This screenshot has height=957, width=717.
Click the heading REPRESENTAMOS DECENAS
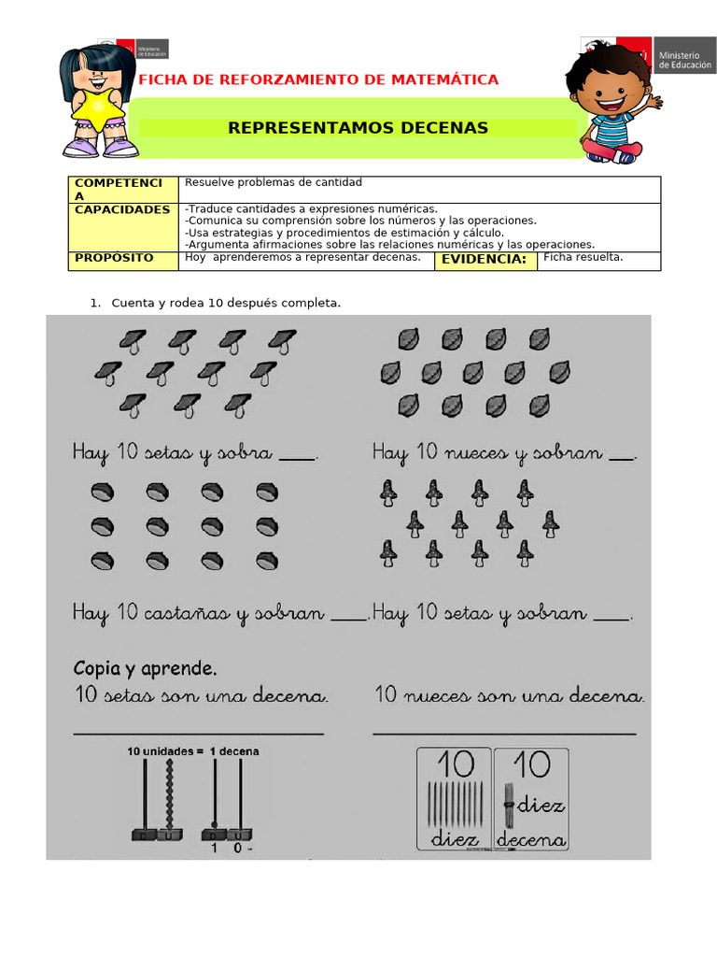[358, 128]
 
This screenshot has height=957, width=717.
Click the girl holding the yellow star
[97, 100]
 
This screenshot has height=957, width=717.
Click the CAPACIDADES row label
[122, 210]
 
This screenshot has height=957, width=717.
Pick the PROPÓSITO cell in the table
[114, 258]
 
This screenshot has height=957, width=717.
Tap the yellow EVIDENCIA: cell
[484, 260]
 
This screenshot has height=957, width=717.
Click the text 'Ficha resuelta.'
[583, 257]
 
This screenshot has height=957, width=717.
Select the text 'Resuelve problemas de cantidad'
[274, 182]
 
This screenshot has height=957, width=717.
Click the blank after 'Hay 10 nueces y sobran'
[621, 456]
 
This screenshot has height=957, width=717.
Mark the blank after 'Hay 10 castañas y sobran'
[349, 616]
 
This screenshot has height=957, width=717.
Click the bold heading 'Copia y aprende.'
[145, 668]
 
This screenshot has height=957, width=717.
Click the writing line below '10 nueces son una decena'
[504, 734]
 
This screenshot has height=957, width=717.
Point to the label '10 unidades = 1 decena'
[193, 751]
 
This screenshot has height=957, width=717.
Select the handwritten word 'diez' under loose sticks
[455, 838]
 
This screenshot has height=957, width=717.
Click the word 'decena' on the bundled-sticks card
[531, 839]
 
